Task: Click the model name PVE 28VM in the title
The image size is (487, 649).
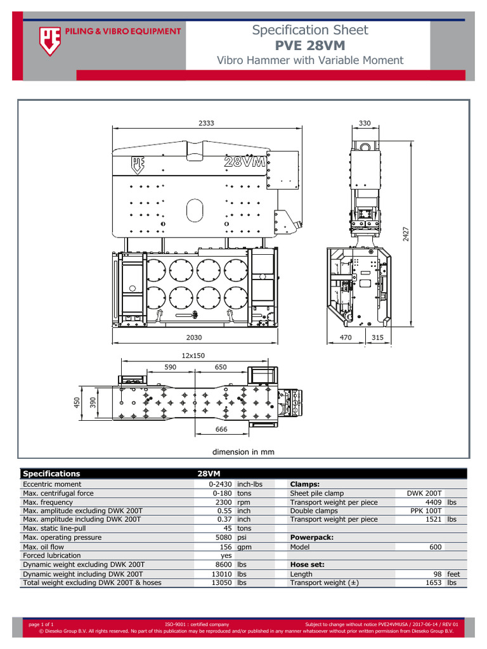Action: point(309,46)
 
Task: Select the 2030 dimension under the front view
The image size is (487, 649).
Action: point(194,338)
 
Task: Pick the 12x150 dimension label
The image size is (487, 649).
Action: point(194,356)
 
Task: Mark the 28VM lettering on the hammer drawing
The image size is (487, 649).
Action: point(244,163)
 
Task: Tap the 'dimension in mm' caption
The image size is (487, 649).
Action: point(243,452)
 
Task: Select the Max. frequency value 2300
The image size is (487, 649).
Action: point(223,502)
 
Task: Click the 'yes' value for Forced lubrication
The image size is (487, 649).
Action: point(226,555)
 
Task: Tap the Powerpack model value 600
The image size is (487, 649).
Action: point(436,546)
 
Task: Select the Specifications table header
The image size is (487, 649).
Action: point(52,473)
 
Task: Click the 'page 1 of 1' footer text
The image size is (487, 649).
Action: point(41,624)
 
